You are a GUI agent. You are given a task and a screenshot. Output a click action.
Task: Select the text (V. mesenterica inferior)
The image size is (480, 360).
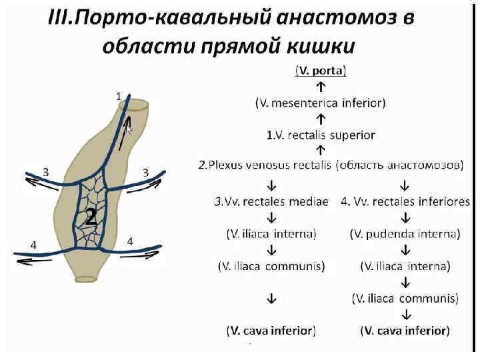pyautogui.click(x=320, y=103)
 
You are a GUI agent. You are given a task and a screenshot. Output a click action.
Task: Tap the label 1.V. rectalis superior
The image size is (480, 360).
pyautogui.click(x=321, y=135)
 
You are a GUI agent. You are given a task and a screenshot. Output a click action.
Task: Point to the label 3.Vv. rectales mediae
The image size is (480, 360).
pyautogui.click(x=271, y=201)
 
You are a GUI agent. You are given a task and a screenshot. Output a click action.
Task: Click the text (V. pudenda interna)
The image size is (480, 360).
pyautogui.click(x=405, y=233)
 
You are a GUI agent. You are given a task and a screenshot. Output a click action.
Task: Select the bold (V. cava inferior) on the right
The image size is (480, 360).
pyautogui.click(x=405, y=330)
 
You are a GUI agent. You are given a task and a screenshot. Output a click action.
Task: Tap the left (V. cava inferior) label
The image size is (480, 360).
pyautogui.click(x=271, y=330)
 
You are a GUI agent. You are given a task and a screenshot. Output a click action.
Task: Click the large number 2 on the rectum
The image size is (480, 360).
pyautogui.click(x=91, y=217)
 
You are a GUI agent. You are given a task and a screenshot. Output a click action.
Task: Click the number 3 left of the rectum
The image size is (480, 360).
pyautogui.click(x=45, y=171)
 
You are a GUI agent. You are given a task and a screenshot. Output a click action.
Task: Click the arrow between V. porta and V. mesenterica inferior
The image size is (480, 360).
pyautogui.click(x=321, y=87)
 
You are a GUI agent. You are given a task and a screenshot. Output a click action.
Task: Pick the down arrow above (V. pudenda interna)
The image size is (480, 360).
pyautogui.click(x=405, y=217)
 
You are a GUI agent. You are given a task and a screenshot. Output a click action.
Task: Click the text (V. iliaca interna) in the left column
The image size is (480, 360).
pyautogui.click(x=271, y=233)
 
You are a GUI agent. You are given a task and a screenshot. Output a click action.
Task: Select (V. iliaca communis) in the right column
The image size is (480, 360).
pyautogui.click(x=405, y=298)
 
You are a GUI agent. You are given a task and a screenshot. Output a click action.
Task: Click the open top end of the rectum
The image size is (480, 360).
pyautogui.click(x=139, y=105)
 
